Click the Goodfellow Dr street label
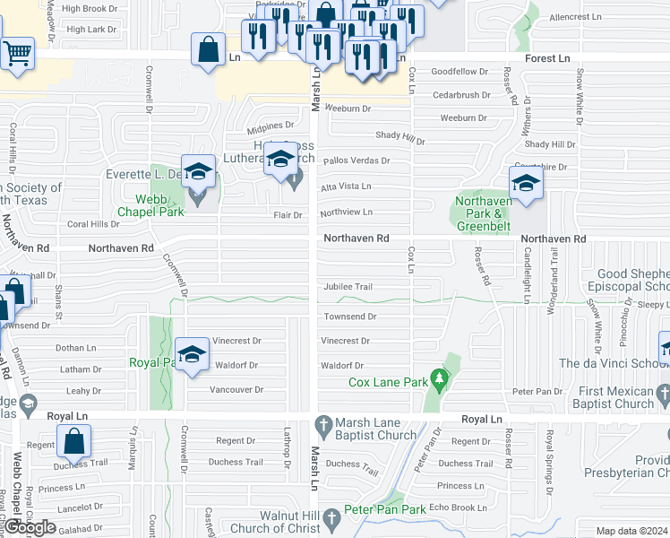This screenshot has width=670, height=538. tap(460, 71)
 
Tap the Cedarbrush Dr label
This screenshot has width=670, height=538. tap(460, 94)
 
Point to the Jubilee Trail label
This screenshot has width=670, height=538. tap(348, 287)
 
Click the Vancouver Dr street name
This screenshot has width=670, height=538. tap(236, 390)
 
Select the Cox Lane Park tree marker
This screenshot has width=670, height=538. tap(439, 381)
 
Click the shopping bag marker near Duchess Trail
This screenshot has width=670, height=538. tap(74, 440)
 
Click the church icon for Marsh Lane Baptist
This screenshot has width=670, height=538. tap(325, 423)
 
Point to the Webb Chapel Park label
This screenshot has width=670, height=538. tap(147, 205)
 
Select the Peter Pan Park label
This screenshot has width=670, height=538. tap(388, 509)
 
